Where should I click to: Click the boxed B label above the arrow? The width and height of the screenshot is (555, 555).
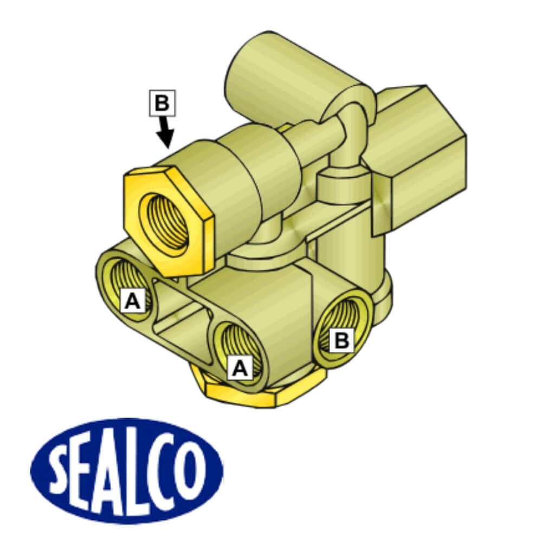tap(162, 102)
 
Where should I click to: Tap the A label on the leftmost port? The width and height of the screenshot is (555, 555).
tap(133, 301)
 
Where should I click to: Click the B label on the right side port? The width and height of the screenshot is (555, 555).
tap(341, 340)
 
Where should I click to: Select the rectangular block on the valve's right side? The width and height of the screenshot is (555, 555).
tap(423, 157)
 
